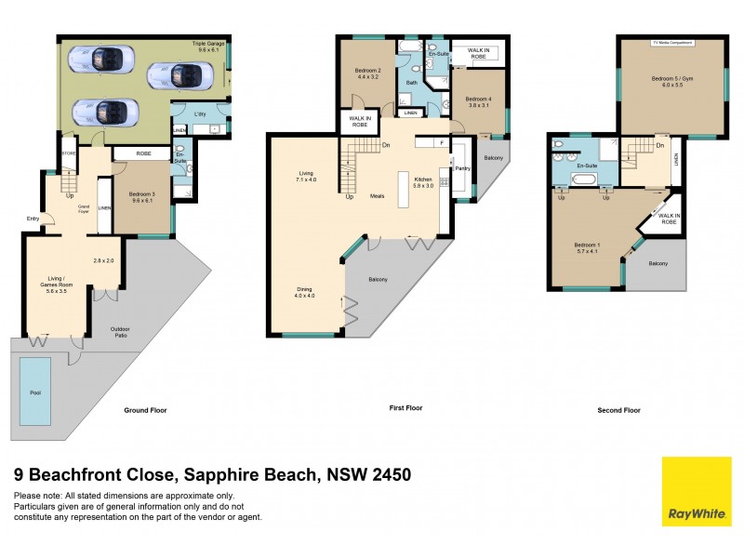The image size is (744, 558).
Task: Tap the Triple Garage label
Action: pos(208,44)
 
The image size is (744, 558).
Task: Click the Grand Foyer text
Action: pos(83,207)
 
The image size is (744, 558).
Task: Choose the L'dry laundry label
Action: pos(200,114)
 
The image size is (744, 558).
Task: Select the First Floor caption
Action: pos(405,408)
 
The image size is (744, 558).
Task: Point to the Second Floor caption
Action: pos(618,410)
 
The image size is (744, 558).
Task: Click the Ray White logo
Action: pos(697,492)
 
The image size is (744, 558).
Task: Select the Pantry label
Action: pos(461,168)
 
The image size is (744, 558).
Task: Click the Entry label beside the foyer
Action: pos(34,220)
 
